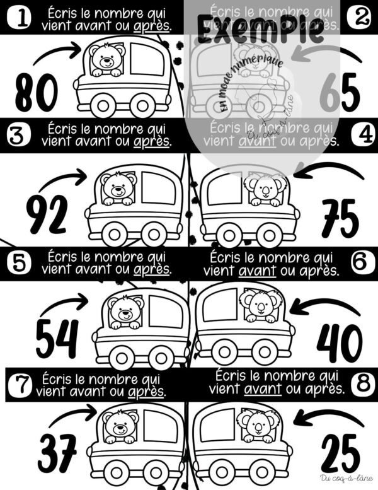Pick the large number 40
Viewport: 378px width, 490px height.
click(x=339, y=344)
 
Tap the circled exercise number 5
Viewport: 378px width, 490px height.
click(x=19, y=262)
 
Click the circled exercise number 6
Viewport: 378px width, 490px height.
click(x=360, y=262)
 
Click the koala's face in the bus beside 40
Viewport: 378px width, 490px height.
click(x=258, y=306)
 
